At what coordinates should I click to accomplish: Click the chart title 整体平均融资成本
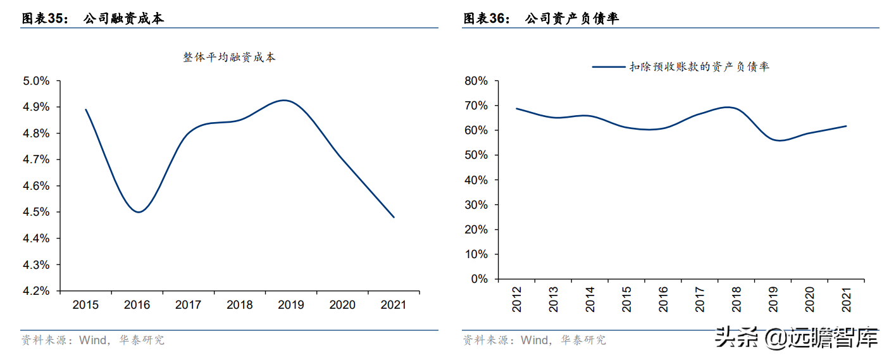[230, 58]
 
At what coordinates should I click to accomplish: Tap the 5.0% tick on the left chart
[36, 81]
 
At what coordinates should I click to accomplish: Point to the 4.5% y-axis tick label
[36, 212]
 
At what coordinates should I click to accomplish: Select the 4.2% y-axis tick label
[36, 291]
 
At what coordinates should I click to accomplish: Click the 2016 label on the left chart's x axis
[137, 305]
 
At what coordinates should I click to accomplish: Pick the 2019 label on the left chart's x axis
[290, 305]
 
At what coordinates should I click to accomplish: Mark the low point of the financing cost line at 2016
[139, 212]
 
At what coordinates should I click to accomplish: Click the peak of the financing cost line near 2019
[285, 101]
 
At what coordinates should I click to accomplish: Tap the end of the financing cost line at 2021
[394, 217]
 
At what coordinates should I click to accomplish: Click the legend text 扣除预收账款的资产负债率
[699, 66]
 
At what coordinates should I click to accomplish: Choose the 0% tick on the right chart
[480, 279]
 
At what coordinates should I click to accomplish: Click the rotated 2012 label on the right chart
[518, 299]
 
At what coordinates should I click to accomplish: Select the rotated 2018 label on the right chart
[737, 299]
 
